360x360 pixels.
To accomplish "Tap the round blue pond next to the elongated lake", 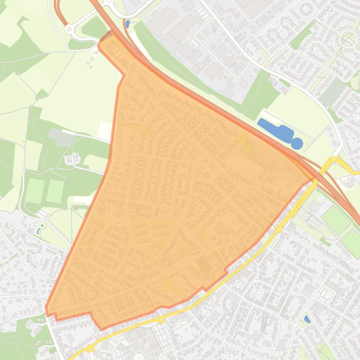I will (x=297, y=144).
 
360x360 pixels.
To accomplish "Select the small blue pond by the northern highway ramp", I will (x=127, y=24).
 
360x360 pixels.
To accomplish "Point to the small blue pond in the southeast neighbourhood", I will (x=307, y=319).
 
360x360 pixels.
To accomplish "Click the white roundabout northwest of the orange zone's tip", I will (x=70, y=29).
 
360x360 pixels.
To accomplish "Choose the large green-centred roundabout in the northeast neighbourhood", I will (x=348, y=38).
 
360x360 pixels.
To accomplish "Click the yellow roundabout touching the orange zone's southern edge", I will (x=161, y=320).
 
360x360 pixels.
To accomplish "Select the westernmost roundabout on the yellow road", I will (x=90, y=349).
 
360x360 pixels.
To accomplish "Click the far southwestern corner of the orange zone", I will (x=46, y=309).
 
